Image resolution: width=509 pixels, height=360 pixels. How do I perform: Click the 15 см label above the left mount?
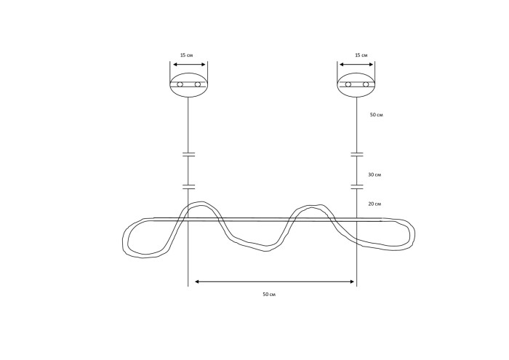187,55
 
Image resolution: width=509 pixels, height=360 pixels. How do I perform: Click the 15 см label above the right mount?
361,55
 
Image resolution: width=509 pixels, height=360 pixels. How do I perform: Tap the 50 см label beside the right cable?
377,115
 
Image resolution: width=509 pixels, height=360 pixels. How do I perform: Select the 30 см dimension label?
374,175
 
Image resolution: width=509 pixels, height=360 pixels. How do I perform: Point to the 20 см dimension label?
374,204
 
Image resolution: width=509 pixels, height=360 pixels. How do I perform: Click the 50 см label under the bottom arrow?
269,295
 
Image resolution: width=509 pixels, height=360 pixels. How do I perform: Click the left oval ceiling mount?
188,84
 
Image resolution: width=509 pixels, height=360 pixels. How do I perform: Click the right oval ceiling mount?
356,84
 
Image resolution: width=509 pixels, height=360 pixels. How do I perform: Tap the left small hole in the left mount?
180,84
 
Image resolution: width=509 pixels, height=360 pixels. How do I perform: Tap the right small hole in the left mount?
197,84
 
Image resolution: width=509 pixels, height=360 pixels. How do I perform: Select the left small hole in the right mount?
348,84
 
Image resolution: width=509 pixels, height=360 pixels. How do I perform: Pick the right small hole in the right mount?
366,84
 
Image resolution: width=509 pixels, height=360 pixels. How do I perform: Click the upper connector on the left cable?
188,154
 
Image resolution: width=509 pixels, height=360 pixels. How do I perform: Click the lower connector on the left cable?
188,187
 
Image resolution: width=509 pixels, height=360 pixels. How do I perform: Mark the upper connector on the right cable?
357,154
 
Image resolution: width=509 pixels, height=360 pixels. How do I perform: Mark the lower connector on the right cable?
357,187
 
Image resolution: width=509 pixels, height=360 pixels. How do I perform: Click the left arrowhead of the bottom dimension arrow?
197,281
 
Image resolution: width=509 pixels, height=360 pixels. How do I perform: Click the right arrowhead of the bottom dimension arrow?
352,281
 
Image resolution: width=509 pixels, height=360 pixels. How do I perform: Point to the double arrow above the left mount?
189,64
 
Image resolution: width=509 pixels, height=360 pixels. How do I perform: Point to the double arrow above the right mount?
356,64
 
